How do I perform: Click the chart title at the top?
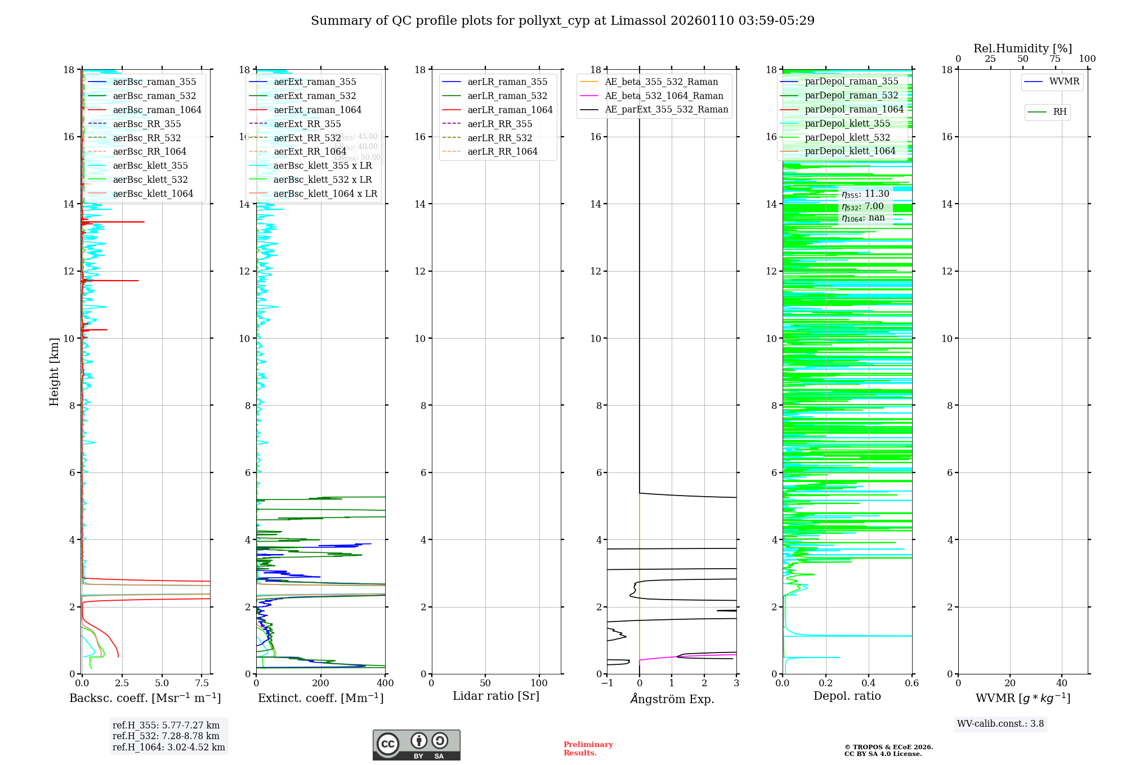pos(562,21)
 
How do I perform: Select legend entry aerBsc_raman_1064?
pos(157,110)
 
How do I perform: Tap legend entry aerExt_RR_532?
pos(307,138)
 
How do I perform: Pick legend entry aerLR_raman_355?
pos(507,82)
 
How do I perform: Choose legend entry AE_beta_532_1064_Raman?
pos(664,96)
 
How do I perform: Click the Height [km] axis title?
pos(54,371)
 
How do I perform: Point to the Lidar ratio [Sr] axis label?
pos(495,696)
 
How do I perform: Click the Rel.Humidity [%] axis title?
pos(1022,48)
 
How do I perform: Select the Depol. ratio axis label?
pos(847,696)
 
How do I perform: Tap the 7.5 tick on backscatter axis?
pos(202,683)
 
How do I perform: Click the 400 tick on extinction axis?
pos(385,683)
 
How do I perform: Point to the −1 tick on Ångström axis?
pos(606,683)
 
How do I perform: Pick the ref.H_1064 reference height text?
pos(168,747)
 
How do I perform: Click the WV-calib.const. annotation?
pos(1000,723)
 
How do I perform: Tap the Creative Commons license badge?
pos(416,745)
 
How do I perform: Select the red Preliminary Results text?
pos(588,748)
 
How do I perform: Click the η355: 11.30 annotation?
pos(865,194)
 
